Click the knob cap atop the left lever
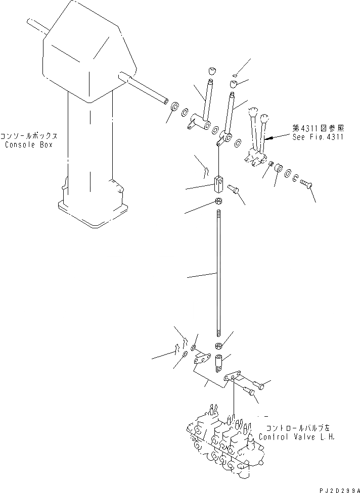pyautogui.click(x=211, y=70)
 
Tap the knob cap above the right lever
pyautogui.click(x=234, y=83)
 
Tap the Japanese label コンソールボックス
pyautogui.click(x=28, y=136)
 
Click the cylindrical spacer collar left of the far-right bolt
pyautogui.click(x=278, y=169)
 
